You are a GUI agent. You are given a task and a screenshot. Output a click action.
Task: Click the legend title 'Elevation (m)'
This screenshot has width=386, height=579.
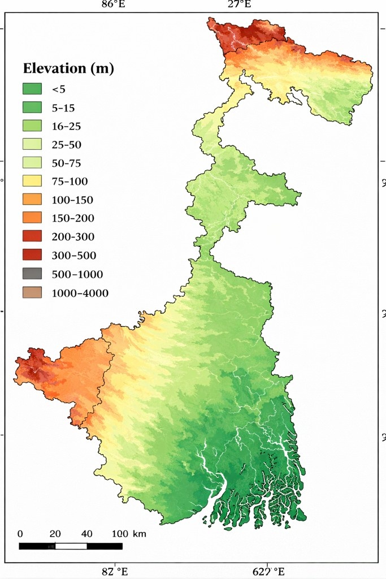click(68, 69)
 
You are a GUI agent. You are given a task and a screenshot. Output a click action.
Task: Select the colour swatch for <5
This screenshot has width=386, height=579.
click(32, 89)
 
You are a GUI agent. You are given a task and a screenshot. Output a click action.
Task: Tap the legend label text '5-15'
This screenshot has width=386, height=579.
click(63, 107)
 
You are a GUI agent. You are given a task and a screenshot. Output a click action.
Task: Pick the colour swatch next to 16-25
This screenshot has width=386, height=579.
click(32, 126)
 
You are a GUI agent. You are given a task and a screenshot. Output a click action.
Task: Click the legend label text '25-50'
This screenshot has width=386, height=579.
click(66, 145)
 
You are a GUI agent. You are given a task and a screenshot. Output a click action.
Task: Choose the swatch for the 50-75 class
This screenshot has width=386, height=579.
click(32, 163)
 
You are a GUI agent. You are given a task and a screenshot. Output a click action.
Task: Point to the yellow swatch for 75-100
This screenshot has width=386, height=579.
click(32, 182)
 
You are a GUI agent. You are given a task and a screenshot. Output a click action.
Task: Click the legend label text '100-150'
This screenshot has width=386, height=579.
click(72, 200)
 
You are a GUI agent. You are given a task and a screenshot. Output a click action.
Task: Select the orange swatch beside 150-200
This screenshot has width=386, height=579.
click(32, 218)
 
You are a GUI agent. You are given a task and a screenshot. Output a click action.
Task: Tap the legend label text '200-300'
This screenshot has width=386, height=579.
click(73, 237)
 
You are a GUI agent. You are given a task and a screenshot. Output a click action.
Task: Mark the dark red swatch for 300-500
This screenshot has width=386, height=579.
click(32, 256)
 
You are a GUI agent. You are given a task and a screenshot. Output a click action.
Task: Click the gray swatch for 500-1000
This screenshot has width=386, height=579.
click(32, 274)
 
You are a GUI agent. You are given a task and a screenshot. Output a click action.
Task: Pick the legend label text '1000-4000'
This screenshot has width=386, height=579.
click(80, 293)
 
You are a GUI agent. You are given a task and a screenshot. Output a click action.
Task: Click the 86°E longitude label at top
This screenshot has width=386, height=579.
click(113, 5)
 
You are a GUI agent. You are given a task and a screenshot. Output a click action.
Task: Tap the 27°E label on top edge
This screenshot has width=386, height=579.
click(239, 5)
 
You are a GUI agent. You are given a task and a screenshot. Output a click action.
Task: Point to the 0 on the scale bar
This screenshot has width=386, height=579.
click(20, 534)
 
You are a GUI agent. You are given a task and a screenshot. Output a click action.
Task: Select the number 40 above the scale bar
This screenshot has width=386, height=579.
click(86, 534)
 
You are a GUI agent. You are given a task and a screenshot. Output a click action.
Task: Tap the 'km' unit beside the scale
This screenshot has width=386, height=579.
click(139, 534)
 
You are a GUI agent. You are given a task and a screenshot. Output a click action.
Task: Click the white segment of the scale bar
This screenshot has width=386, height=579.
click(71, 546)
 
